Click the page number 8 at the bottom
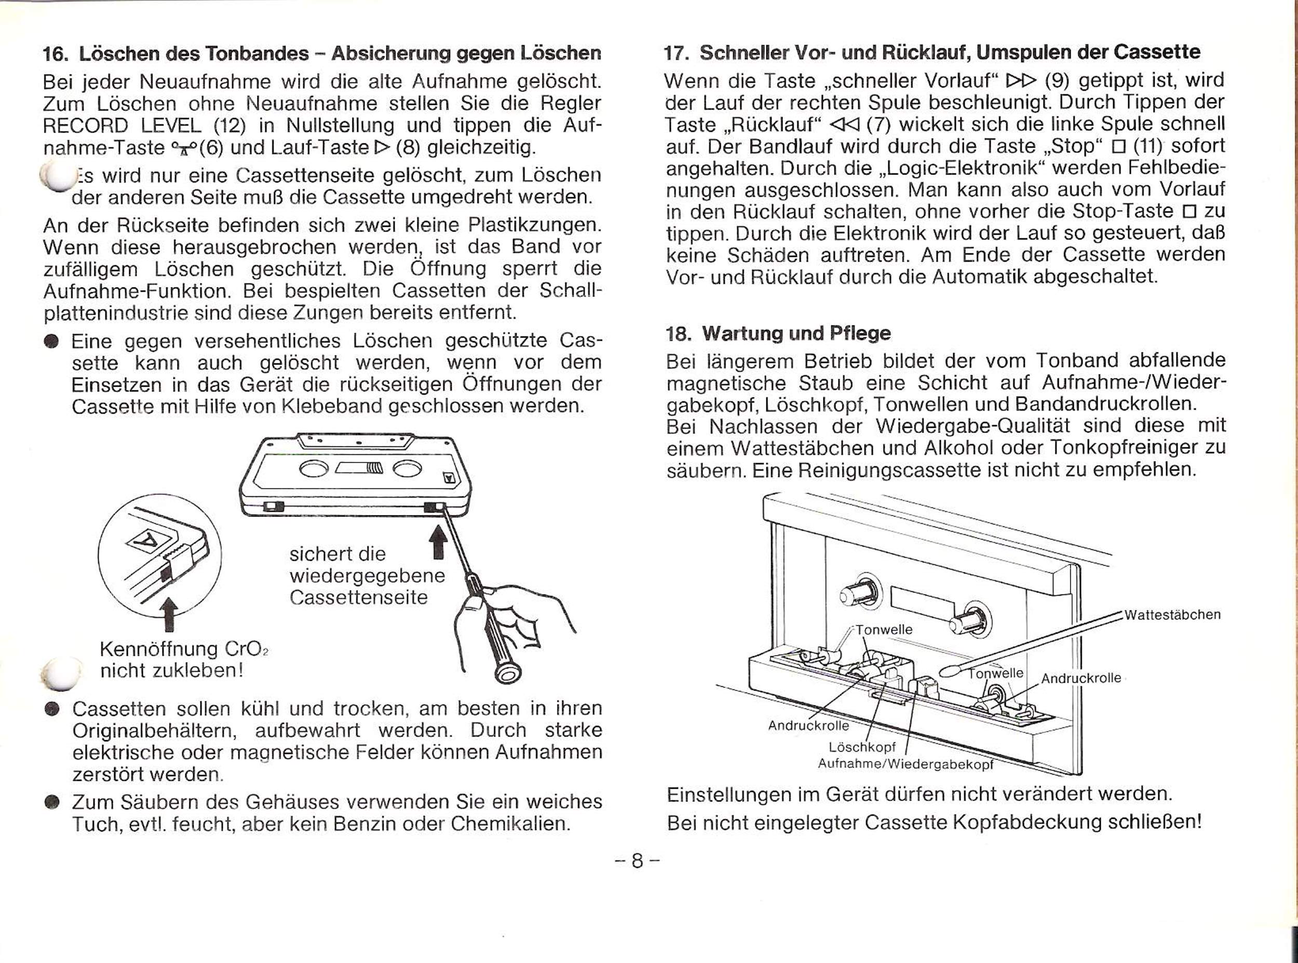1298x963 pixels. click(637, 860)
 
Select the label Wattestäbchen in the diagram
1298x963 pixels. click(1172, 615)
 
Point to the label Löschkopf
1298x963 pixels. click(862, 748)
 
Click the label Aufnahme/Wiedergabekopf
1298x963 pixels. click(905, 764)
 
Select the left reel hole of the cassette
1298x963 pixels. click(314, 468)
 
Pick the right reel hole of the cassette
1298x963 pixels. click(408, 468)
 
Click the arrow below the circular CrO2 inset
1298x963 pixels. click(169, 615)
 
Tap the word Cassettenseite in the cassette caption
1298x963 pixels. click(358, 598)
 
